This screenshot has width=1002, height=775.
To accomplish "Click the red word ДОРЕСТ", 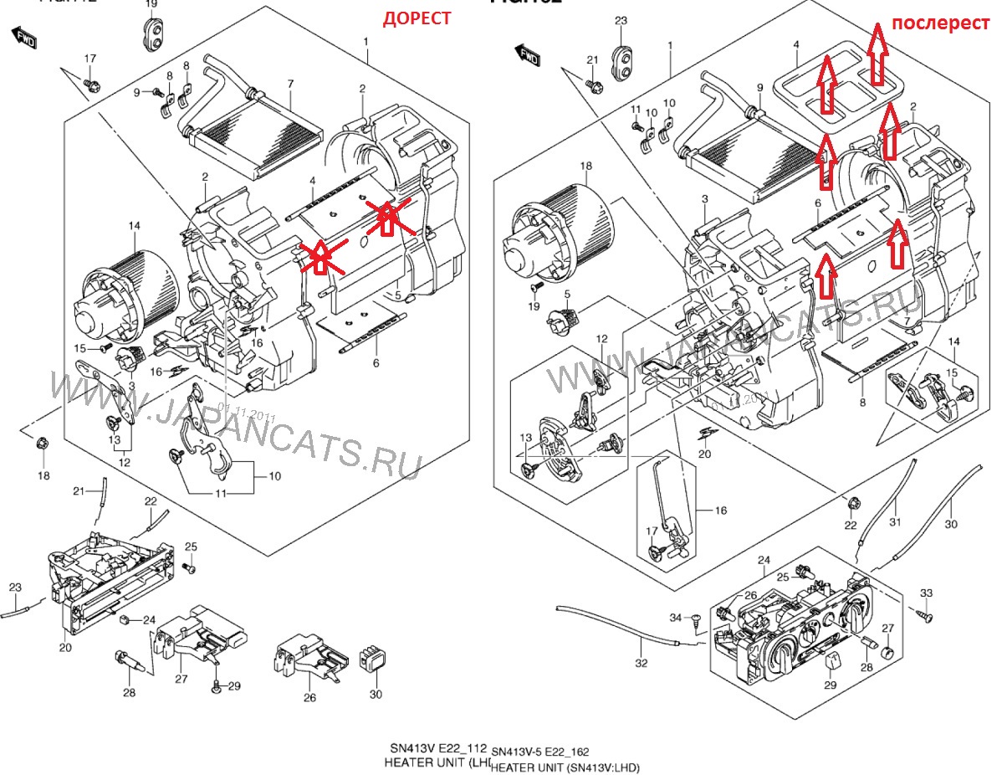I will (417, 18).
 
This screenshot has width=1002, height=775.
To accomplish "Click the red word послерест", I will (939, 23).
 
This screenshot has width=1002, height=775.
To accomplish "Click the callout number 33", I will (926, 593).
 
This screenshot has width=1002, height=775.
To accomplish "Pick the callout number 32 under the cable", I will (641, 664).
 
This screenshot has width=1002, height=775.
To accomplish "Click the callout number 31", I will (895, 523).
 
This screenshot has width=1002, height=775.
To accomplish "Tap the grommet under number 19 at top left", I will (153, 34).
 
